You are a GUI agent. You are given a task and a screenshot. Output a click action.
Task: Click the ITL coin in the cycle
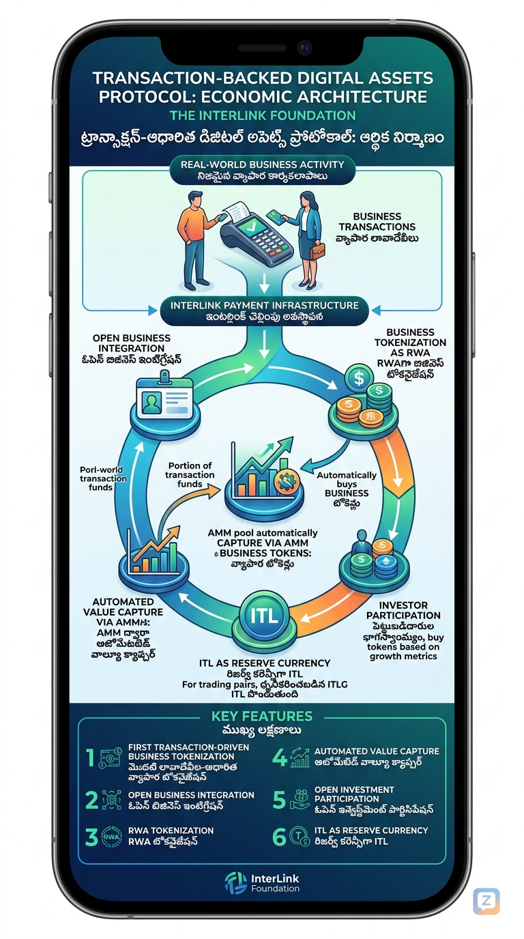tap(264, 616)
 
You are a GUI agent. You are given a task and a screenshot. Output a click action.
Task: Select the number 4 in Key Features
tap(278, 758)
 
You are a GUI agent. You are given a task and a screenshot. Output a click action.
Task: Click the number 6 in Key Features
tap(278, 837)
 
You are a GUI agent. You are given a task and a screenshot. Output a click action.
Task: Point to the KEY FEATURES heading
tap(262, 717)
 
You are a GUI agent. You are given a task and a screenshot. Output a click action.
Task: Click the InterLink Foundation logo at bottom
tap(262, 882)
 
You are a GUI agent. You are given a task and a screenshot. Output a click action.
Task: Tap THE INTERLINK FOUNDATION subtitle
tap(263, 115)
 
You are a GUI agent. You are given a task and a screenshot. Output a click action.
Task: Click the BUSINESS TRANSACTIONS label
tap(386, 222)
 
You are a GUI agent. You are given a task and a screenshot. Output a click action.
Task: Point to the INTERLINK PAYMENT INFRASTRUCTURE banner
tap(263, 306)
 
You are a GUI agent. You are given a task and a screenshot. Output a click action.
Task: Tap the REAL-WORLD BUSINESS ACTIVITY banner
tap(263, 164)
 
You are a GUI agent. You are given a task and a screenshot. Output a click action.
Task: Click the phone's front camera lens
tap(304, 48)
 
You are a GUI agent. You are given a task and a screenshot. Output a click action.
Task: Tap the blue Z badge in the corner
tap(486, 901)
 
